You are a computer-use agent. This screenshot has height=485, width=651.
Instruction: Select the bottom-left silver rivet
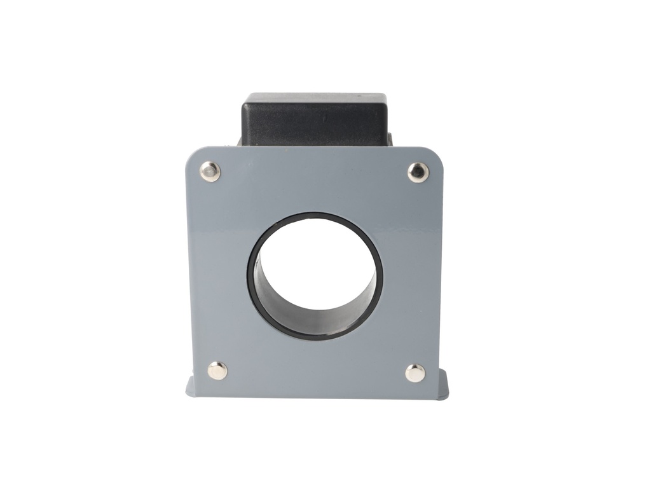[217, 370]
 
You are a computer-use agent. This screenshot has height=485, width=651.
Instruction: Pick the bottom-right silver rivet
[415, 372]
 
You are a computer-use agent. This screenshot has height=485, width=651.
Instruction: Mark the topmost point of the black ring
[315, 214]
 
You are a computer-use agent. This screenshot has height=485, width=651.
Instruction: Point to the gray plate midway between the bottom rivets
[316, 372]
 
